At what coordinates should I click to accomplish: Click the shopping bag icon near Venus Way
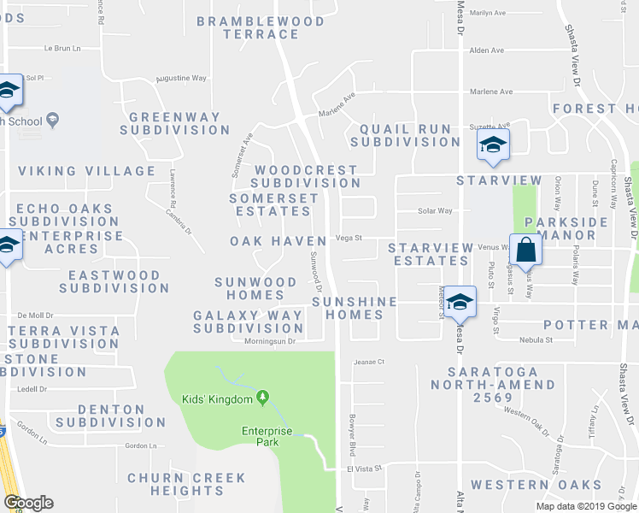(526, 250)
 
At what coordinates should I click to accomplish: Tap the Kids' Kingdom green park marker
(263, 398)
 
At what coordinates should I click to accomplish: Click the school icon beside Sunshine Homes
(460, 301)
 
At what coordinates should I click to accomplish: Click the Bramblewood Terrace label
(261, 27)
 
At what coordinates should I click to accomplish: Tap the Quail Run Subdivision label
(404, 135)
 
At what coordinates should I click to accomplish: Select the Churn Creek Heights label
(186, 484)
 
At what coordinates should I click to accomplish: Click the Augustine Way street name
(181, 78)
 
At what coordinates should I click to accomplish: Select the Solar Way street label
(434, 210)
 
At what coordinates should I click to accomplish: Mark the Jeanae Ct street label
(369, 362)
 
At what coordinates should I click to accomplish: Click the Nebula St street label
(536, 339)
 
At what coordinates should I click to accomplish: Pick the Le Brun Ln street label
(60, 48)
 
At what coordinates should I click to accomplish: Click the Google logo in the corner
(28, 503)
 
